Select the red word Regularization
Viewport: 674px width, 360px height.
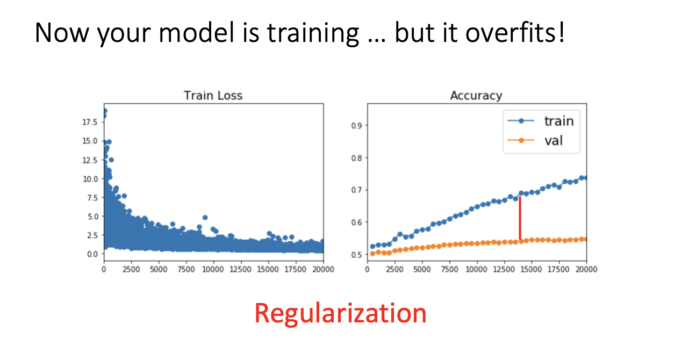[340, 314]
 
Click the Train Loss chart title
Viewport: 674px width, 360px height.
[213, 96]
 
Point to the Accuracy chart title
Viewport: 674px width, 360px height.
[476, 96]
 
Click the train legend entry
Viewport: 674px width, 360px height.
[541, 121]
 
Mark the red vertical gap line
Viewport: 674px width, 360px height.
[520, 218]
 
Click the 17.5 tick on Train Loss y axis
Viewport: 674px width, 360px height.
[90, 122]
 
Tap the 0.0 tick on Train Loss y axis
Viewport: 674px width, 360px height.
[92, 254]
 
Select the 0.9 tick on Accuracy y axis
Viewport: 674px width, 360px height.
[356, 125]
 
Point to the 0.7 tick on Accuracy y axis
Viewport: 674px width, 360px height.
[356, 190]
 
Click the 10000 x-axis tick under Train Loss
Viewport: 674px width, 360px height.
[213, 269]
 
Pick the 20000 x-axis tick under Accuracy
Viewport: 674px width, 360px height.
[586, 269]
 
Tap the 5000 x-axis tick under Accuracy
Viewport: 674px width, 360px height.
[422, 269]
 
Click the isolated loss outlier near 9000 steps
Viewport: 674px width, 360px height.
[205, 218]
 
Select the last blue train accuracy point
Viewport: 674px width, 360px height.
[585, 178]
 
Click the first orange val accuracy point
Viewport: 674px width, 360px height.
[372, 254]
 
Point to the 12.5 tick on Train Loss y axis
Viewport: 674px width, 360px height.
[90, 160]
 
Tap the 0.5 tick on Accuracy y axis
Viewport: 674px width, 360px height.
[356, 255]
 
